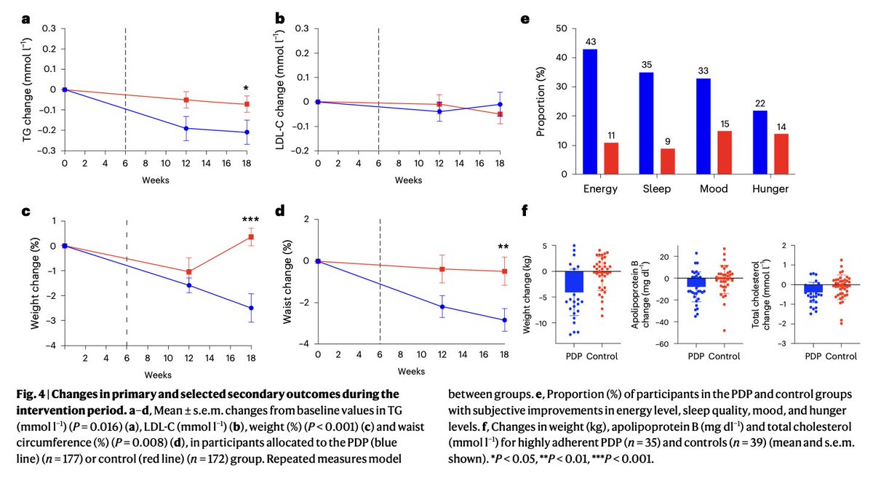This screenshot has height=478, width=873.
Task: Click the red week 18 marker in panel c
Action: coord(250,236)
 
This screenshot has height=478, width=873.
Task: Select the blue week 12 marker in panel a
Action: coord(187,128)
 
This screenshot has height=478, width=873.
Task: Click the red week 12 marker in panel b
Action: coord(439,105)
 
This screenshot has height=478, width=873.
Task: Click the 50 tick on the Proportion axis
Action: coord(562,28)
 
